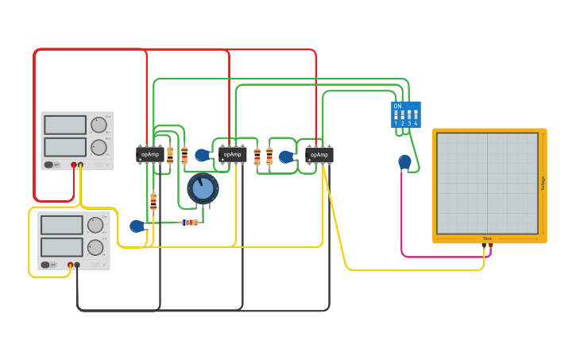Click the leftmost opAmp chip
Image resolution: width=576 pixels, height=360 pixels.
point(149,154)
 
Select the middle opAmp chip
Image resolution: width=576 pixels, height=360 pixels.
point(233,154)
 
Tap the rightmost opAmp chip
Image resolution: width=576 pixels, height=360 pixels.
point(319,154)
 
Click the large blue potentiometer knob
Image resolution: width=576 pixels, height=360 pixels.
point(203,188)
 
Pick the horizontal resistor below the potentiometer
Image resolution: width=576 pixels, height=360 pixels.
point(190,223)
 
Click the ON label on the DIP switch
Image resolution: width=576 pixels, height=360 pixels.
point(397,106)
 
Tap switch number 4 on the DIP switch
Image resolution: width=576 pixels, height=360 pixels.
point(416,116)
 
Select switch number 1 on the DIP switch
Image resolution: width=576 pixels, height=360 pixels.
point(396,116)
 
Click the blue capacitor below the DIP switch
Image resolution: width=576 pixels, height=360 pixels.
point(405,162)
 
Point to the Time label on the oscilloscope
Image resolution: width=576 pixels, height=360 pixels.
point(487,238)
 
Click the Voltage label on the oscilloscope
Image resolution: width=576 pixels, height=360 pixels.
point(543,183)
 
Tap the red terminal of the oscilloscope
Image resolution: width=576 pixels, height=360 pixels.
point(490,245)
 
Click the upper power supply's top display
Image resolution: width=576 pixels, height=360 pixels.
point(65,125)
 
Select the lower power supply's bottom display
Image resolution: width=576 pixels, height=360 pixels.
point(62,247)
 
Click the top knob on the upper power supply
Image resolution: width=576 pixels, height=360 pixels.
point(99,125)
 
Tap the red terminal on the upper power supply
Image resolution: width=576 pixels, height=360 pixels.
point(74,165)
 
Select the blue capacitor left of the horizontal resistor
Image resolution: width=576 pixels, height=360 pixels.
point(137,226)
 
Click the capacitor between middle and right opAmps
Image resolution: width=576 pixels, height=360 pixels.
point(285,157)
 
